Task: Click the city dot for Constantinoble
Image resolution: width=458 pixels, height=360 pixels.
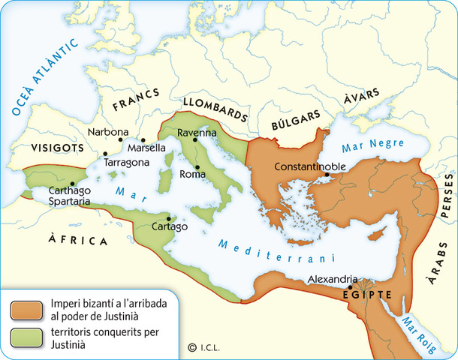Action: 327,176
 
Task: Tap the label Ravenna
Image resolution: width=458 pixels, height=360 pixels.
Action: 197,133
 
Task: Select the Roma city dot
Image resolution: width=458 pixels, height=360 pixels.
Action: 197,166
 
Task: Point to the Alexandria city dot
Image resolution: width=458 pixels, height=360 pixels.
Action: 350,287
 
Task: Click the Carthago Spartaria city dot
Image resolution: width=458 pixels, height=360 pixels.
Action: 73,184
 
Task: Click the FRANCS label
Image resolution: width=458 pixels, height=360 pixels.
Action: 137,106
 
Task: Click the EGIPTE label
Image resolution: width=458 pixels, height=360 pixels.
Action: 368,294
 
